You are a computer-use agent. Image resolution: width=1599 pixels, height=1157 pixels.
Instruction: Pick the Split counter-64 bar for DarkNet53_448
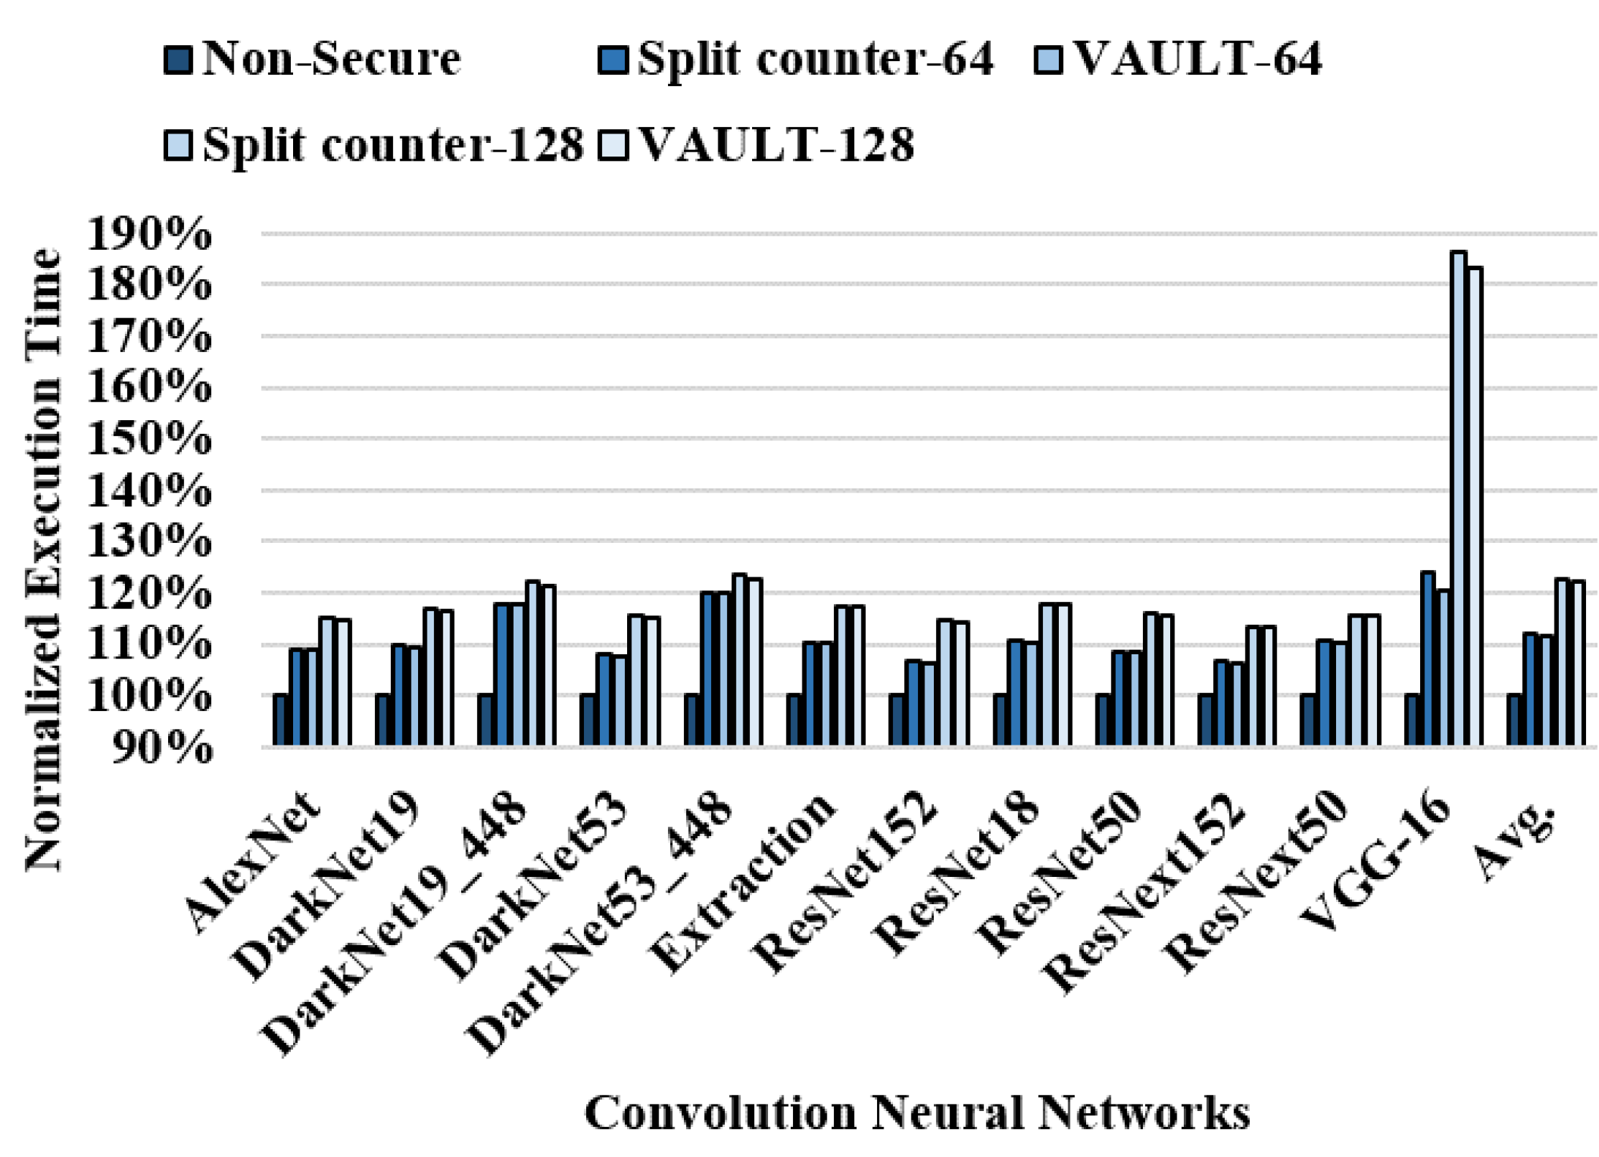tap(708, 669)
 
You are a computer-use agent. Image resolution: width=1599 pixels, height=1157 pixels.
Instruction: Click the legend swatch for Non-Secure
tap(178, 61)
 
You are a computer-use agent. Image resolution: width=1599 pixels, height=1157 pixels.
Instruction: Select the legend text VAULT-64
tap(1196, 59)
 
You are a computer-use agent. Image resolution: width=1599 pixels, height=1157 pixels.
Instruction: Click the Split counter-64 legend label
tap(815, 59)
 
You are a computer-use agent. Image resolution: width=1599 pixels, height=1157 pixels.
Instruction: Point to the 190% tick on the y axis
tap(149, 234)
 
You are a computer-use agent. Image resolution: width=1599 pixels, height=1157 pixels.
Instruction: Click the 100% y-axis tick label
tap(149, 696)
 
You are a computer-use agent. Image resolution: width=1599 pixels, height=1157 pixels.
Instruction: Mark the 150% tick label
tap(149, 439)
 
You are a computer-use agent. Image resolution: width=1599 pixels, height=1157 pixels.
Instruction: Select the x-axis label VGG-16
tap(1376, 862)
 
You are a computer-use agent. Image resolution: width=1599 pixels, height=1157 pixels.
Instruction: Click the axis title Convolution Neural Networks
tap(917, 1113)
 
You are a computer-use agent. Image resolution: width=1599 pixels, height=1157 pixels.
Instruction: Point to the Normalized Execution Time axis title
tap(45, 560)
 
